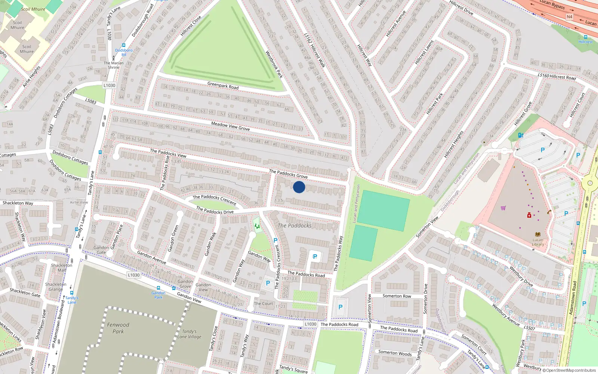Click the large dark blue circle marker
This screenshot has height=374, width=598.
(x=299, y=187)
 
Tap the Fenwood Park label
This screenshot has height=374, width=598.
(x=118, y=328)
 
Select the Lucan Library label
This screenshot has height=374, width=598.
(x=538, y=242)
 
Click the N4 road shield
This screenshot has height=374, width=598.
(x=569, y=17)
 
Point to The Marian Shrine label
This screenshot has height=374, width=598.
(x=114, y=65)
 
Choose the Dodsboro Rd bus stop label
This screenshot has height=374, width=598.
(x=124, y=52)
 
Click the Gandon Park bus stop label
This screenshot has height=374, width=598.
(x=158, y=295)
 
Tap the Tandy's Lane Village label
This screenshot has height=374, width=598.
(x=189, y=334)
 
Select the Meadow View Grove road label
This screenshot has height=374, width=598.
(x=230, y=126)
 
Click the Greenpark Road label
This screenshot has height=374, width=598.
(x=223, y=86)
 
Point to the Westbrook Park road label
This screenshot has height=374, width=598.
(x=274, y=64)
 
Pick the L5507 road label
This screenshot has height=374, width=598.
(x=529, y=328)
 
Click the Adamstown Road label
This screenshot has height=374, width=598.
(x=572, y=298)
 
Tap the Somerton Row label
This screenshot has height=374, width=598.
(x=397, y=296)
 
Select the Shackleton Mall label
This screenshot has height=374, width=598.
(x=62, y=267)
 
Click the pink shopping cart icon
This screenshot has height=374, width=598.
(x=503, y=208)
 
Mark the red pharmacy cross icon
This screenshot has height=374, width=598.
(x=529, y=215)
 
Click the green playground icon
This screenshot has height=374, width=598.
(x=257, y=226)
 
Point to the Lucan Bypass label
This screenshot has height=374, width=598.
(x=552, y=4)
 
